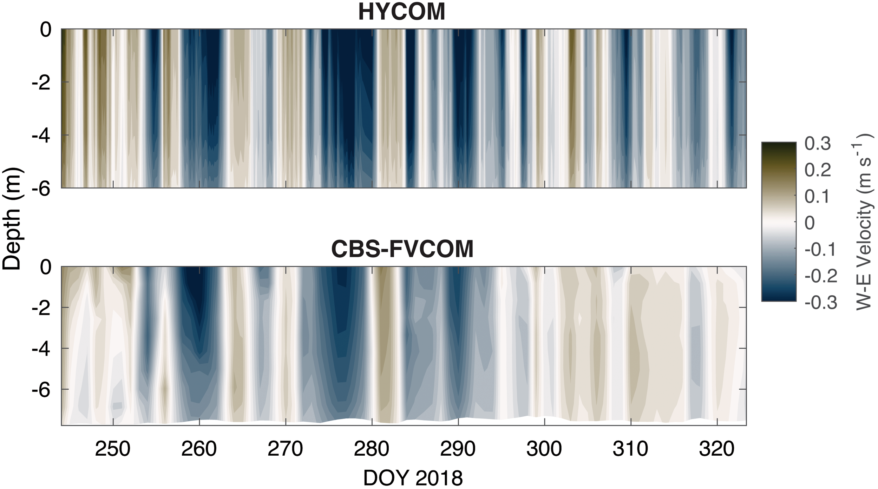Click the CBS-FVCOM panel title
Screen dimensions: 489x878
tap(402, 249)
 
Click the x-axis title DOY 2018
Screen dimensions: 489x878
tap(413, 478)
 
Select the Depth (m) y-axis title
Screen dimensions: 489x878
tap(12, 218)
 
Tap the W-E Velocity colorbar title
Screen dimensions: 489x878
tap(864, 222)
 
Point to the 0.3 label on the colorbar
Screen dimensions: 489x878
tap(818, 144)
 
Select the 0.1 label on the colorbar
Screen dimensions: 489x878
tap(818, 197)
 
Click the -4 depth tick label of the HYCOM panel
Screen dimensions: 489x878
tap(41, 135)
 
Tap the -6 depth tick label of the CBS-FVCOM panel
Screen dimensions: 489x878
tap(41, 390)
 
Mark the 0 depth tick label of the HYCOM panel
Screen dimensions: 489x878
tap(46, 30)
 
